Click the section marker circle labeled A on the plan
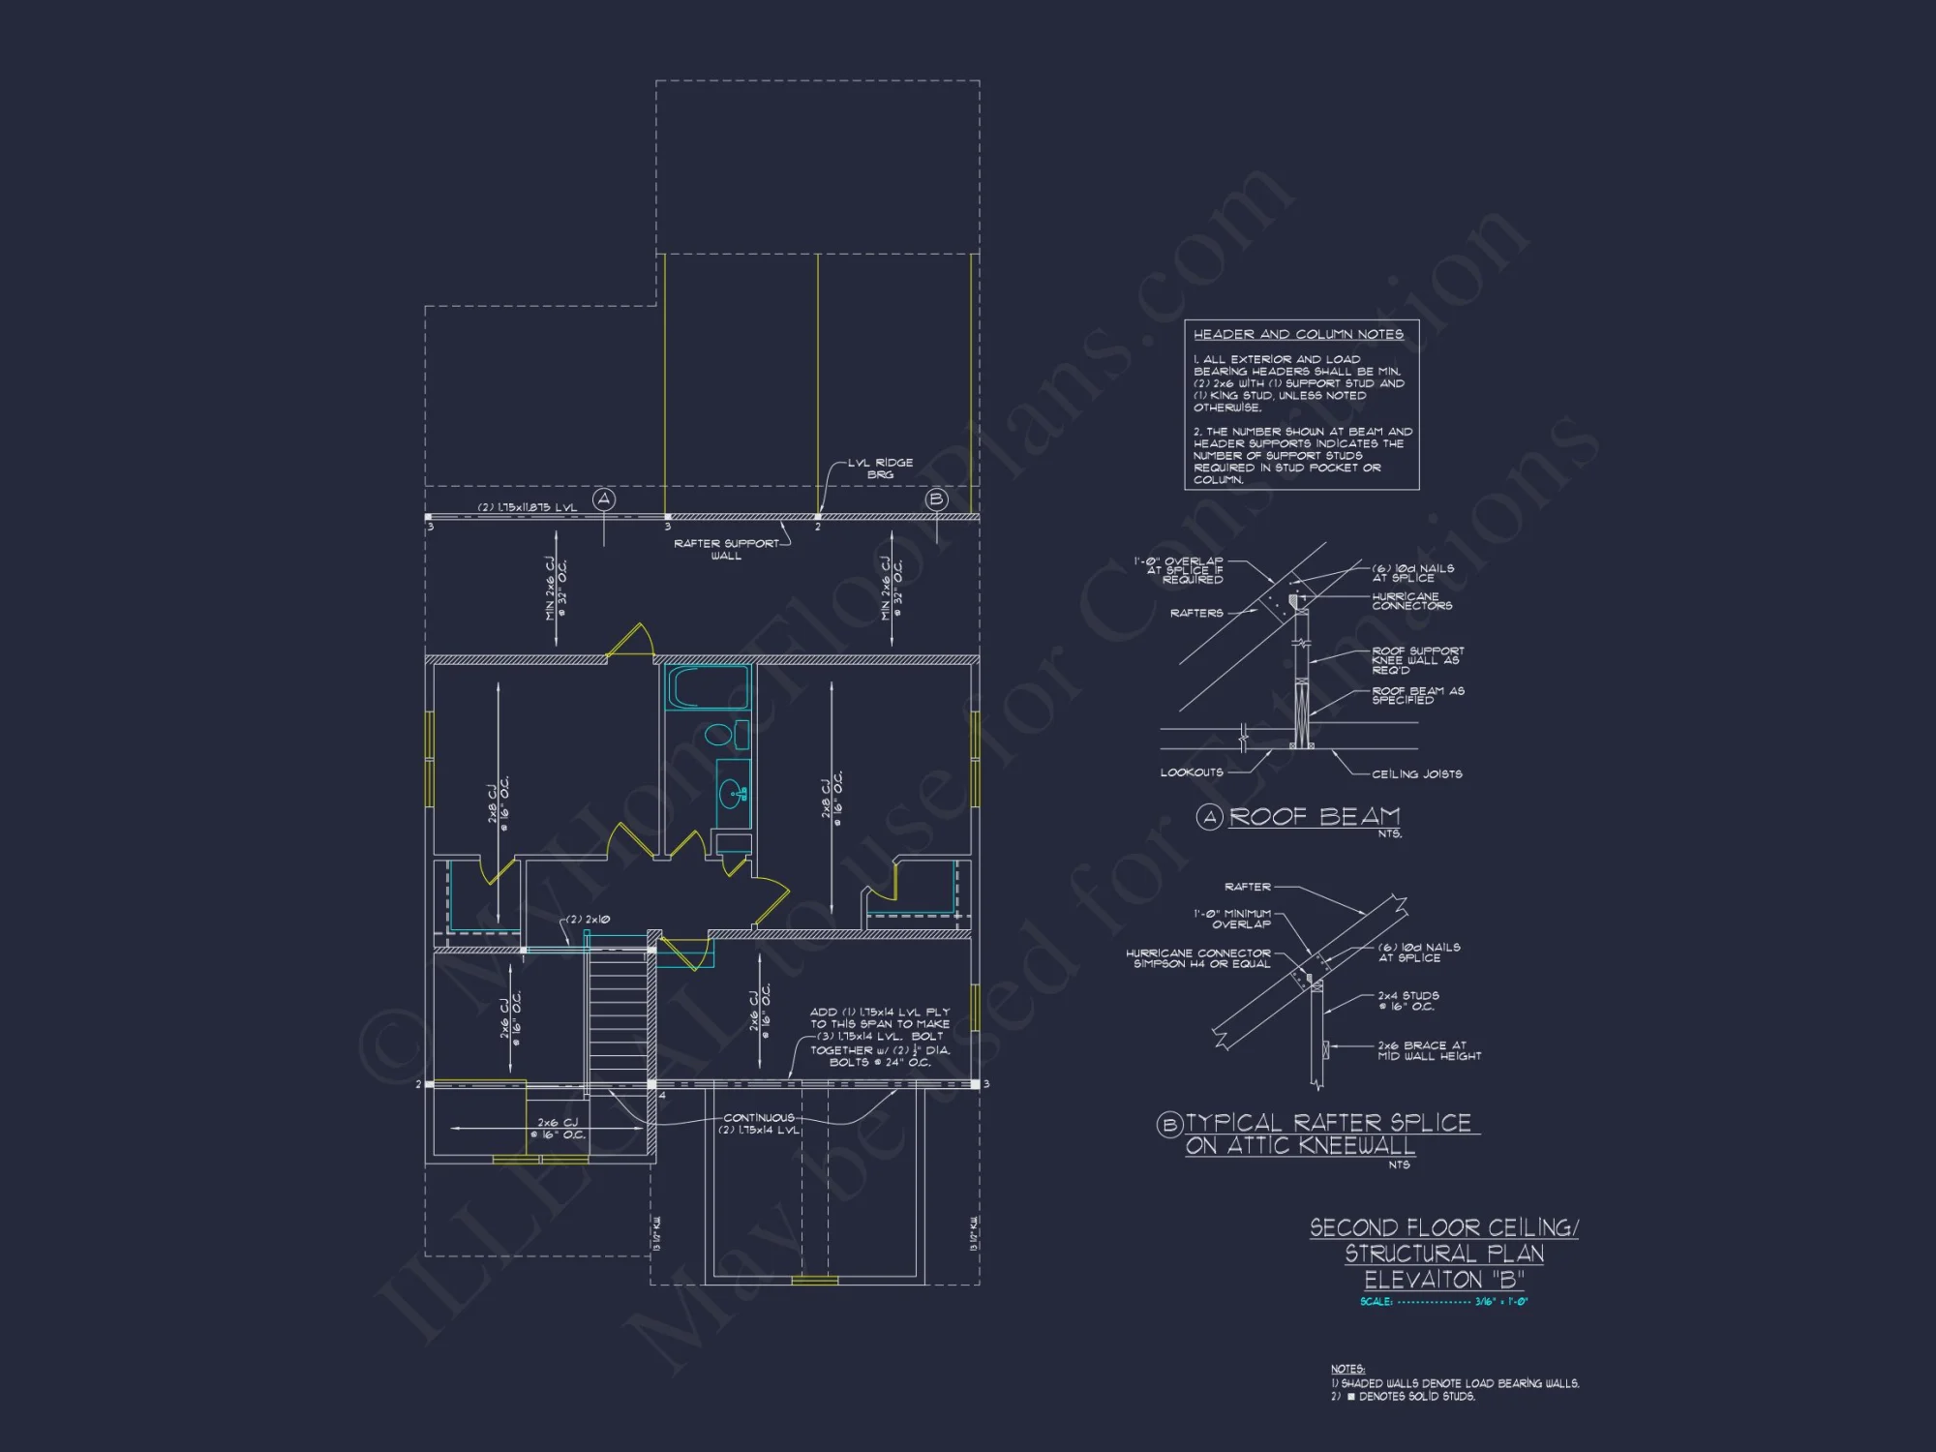point(604,499)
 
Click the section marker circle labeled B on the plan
point(936,499)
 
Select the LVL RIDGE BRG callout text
point(880,469)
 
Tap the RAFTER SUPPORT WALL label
point(726,549)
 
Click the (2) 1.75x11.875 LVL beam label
point(528,507)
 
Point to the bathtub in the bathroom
point(708,688)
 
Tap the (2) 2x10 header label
point(588,920)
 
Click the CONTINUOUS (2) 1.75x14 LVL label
point(759,1124)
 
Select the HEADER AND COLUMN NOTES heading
point(1298,334)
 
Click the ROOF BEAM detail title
point(1314,817)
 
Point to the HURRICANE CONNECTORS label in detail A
point(1411,601)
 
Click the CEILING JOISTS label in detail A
point(1416,774)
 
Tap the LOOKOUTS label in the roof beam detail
point(1192,772)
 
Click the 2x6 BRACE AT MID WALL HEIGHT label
point(1429,1051)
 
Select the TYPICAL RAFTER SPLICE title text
point(1328,1123)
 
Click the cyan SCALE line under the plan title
point(1443,1302)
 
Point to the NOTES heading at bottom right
point(1347,1369)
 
